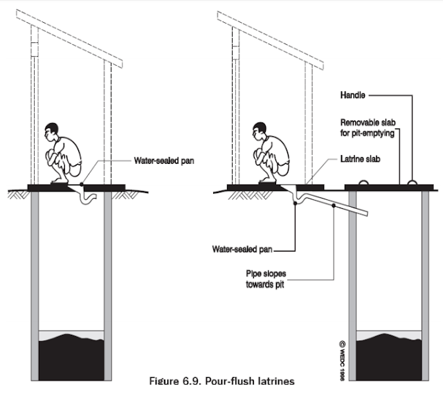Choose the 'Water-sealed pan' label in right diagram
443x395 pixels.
pyautogui.click(x=252, y=247)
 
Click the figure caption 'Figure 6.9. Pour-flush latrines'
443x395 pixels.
pyautogui.click(x=221, y=381)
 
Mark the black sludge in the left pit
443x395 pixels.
pyautogui.click(x=71, y=353)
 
